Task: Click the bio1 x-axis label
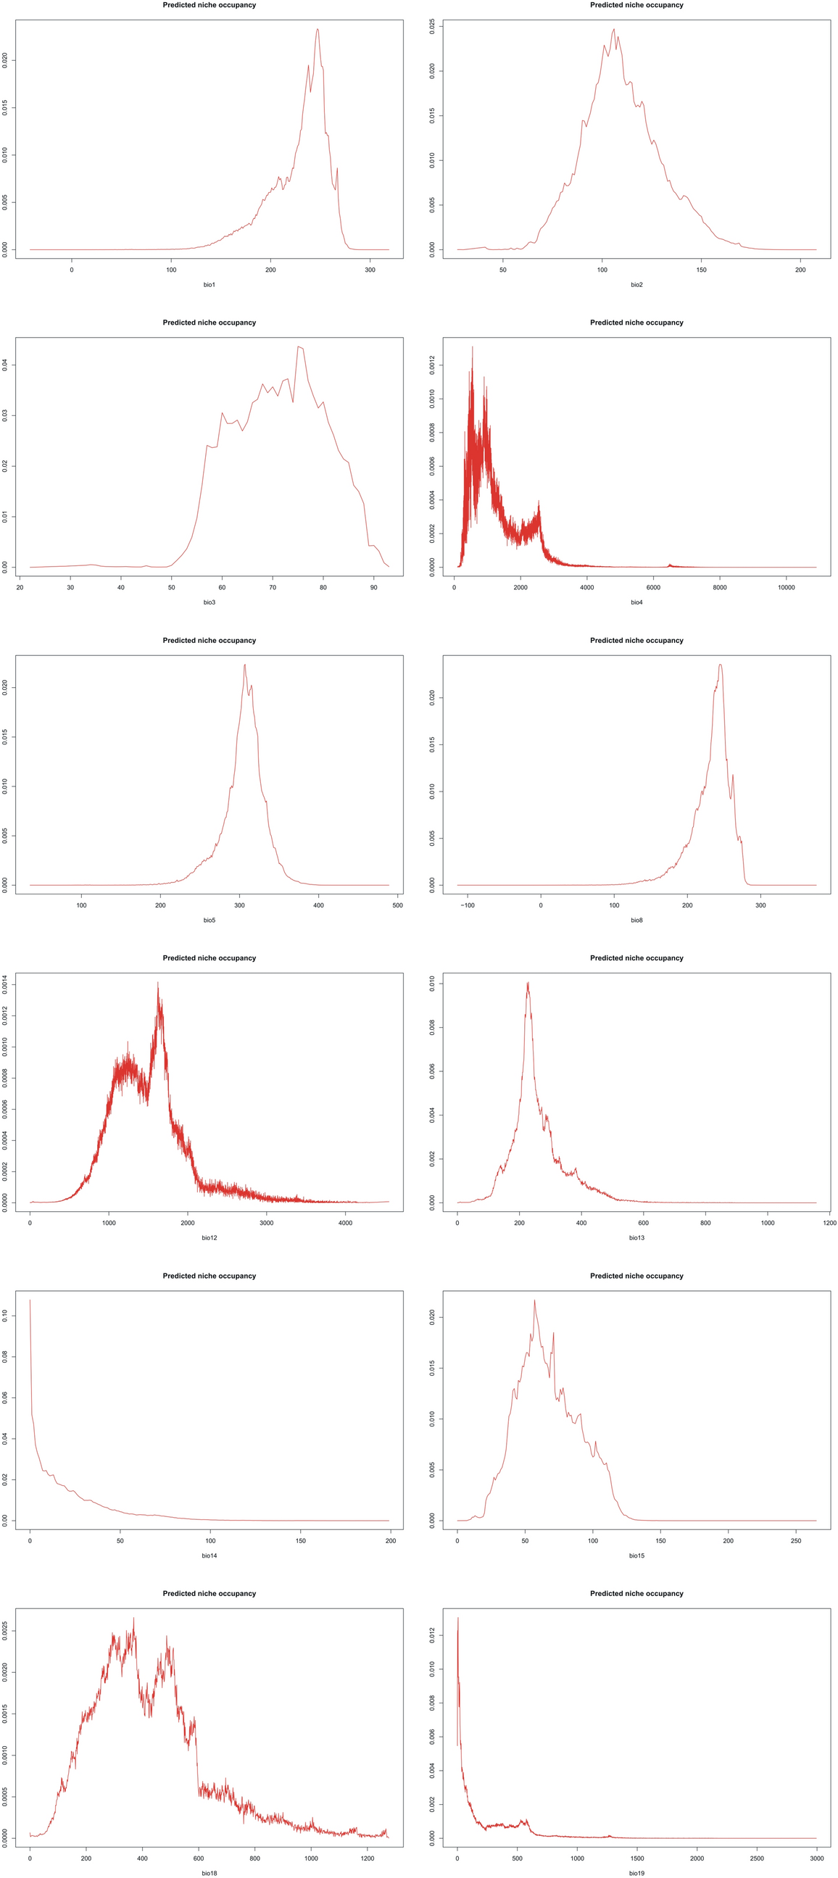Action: pyautogui.click(x=209, y=284)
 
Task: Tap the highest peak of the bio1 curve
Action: pyautogui.click(x=318, y=30)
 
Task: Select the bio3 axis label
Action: pyautogui.click(x=209, y=602)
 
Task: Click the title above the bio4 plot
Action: pyautogui.click(x=636, y=323)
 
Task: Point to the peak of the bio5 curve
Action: pyautogui.click(x=244, y=665)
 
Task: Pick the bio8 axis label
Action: pyautogui.click(x=636, y=920)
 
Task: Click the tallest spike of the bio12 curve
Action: pyautogui.click(x=157, y=984)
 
